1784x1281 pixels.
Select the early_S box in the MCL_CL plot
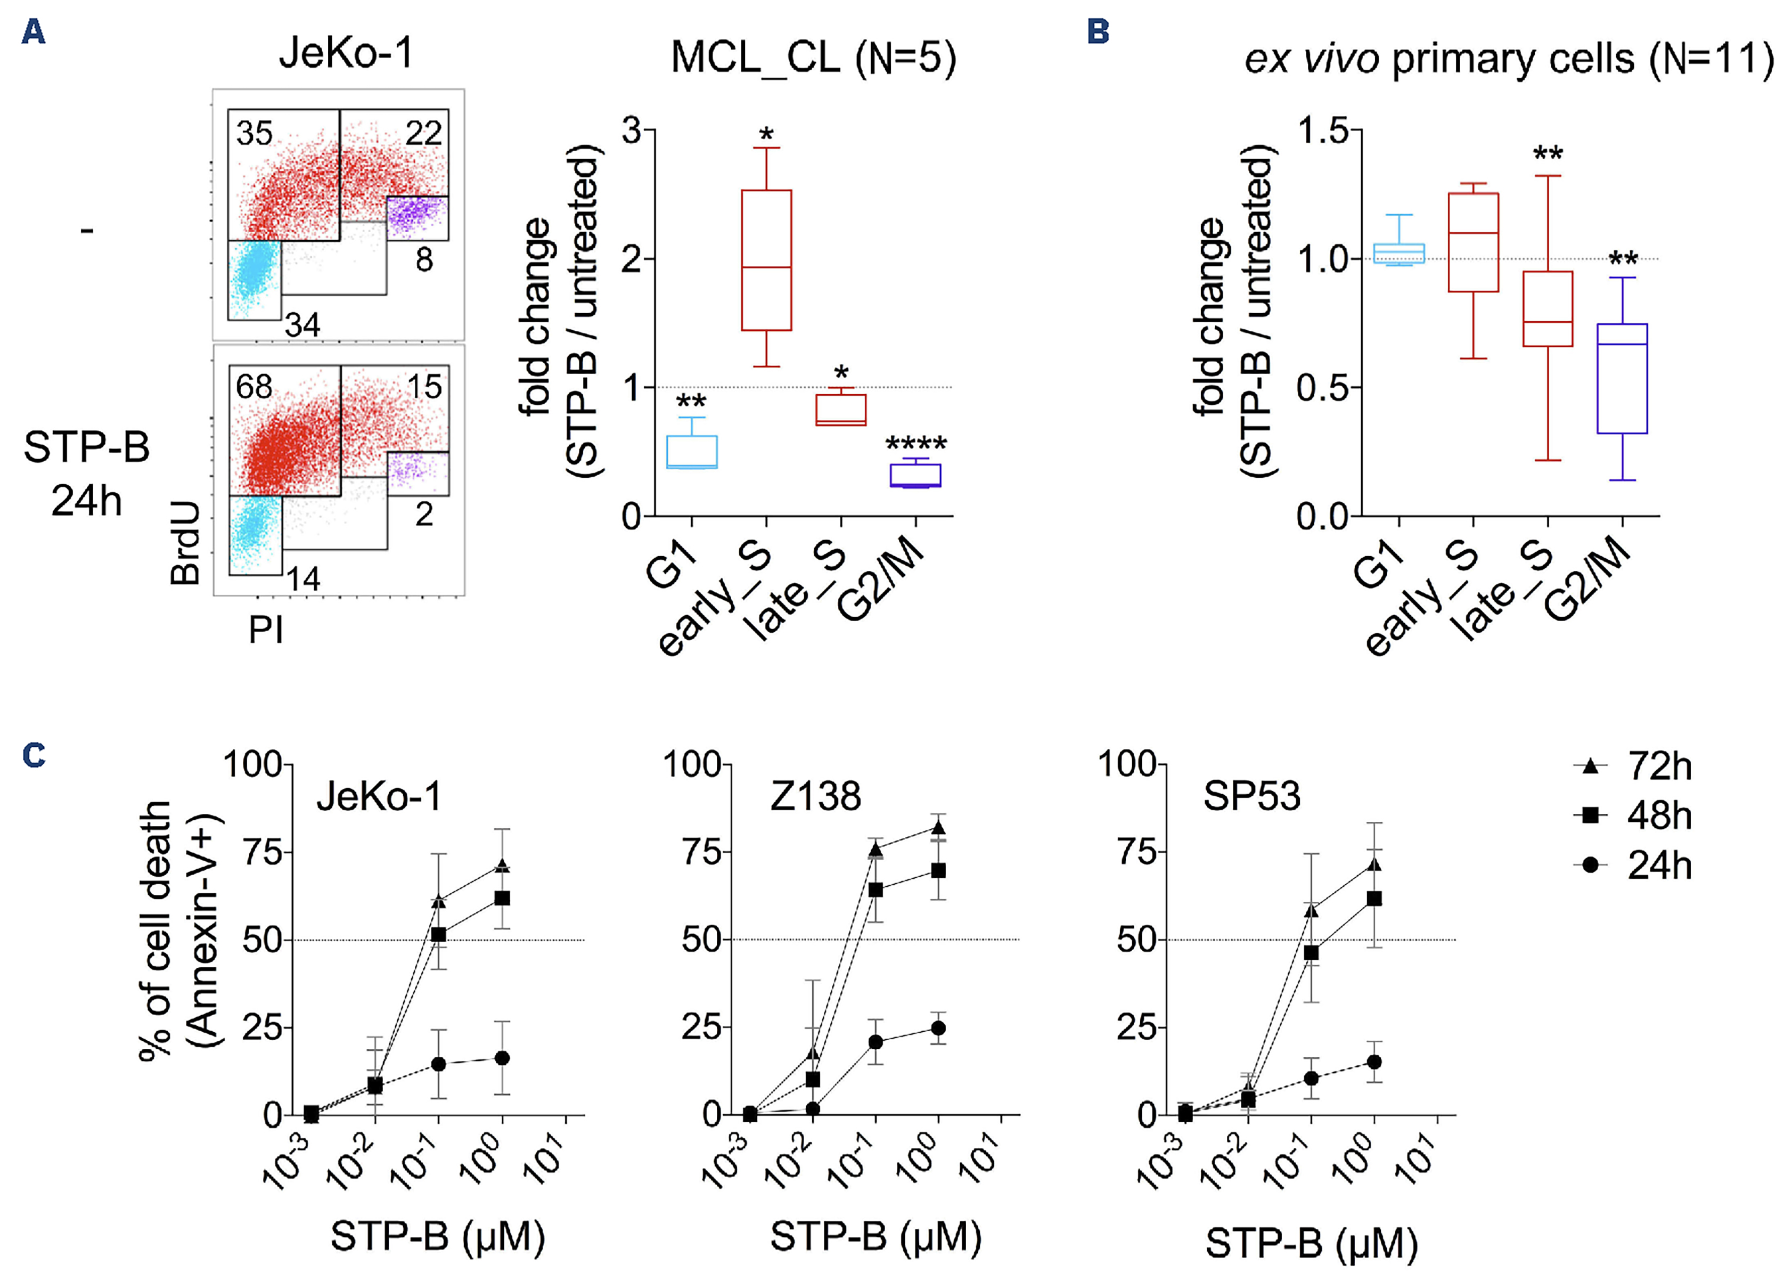pos(766,260)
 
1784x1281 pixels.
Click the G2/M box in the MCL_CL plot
pos(915,475)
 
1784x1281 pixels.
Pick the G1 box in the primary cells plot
pos(1398,252)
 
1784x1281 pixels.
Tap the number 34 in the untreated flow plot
pos(303,325)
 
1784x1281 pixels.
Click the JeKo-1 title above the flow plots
pos(346,53)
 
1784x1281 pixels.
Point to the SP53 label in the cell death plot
pos(1251,796)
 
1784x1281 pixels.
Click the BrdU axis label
pos(186,543)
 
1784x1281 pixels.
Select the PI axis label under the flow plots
pos(266,630)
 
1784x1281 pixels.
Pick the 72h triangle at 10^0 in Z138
pos(938,828)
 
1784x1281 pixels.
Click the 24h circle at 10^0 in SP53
pos(1374,1062)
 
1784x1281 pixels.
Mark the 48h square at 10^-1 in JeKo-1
pos(439,935)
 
